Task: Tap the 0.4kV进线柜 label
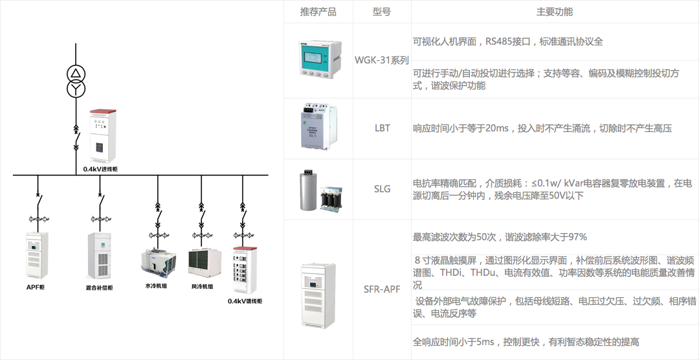point(100,169)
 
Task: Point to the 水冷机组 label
point(156,286)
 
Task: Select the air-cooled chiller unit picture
point(203,262)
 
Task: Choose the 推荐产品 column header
point(318,12)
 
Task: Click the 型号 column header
point(382,12)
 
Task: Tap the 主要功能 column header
point(554,12)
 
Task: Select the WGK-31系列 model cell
point(382,60)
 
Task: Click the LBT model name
point(382,128)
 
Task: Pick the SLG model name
point(382,189)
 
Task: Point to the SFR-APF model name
point(382,289)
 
